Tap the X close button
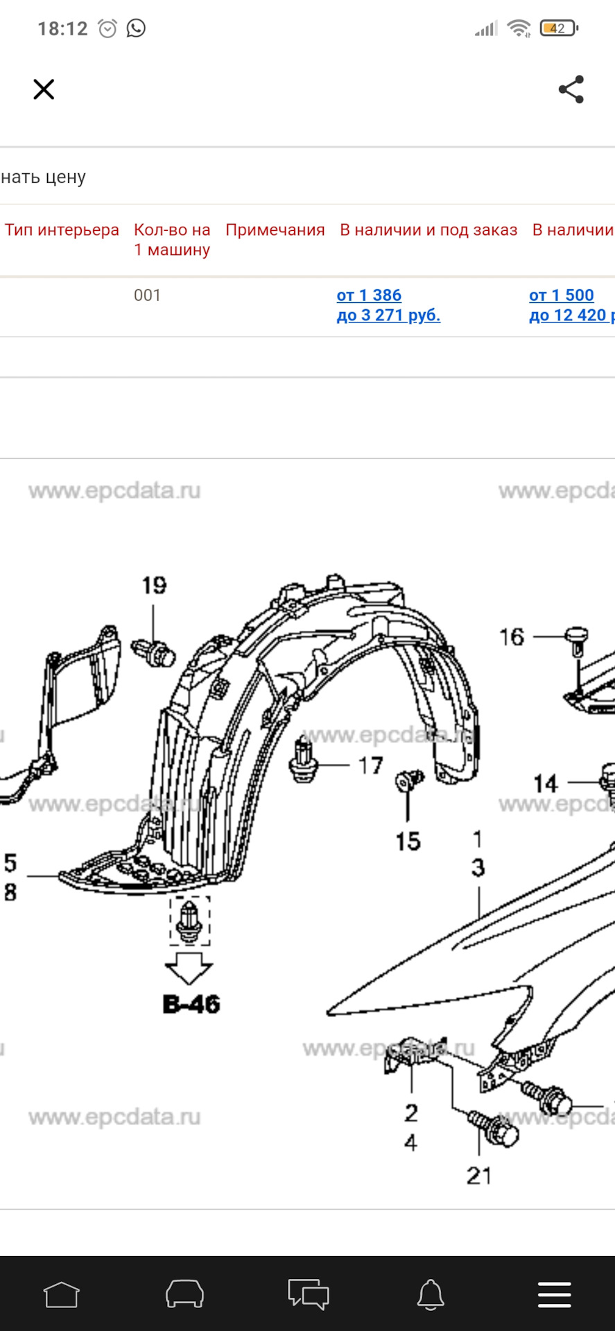[x=44, y=89]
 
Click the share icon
[x=571, y=89]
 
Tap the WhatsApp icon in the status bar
[x=136, y=28]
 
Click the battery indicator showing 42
[x=559, y=28]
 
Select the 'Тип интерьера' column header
[x=62, y=230]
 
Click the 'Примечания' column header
[x=275, y=230]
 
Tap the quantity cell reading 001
[x=147, y=295]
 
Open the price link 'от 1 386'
[x=369, y=295]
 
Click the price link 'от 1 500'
[x=562, y=295]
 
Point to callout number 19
[x=154, y=586]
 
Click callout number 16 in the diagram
[x=512, y=637]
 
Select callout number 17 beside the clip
[x=371, y=765]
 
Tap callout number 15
[x=408, y=842]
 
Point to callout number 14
[x=546, y=783]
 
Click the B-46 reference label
[x=191, y=1004]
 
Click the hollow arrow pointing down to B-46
[x=189, y=968]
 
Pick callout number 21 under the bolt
[x=479, y=1176]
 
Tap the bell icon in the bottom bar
[x=431, y=1294]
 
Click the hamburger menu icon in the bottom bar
[x=555, y=1294]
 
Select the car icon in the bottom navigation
[x=184, y=1294]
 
